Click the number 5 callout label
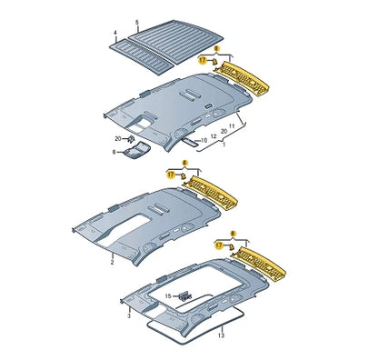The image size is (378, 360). pyautogui.click(x=137, y=20)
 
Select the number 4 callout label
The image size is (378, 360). pyautogui.click(x=115, y=34)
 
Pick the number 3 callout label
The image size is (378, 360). pyautogui.click(x=128, y=315)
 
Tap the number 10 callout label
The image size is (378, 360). pyautogui.click(x=204, y=140)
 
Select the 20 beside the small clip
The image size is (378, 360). pyautogui.click(x=118, y=137)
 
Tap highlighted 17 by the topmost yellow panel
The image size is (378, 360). pyautogui.click(x=202, y=59)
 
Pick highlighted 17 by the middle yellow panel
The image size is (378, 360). pyautogui.click(x=170, y=173)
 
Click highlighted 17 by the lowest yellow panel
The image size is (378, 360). pyautogui.click(x=219, y=245)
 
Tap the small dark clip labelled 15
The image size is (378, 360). pyautogui.click(x=186, y=295)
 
